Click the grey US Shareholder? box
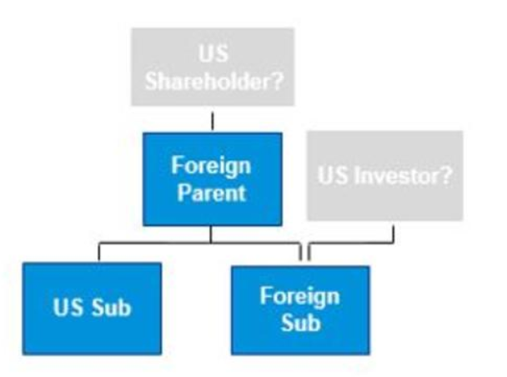click(x=213, y=67)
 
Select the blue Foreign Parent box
click(x=213, y=179)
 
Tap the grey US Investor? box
click(x=384, y=175)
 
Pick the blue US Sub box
click(x=93, y=309)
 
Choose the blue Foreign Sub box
click(x=300, y=310)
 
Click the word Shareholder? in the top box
click(x=214, y=81)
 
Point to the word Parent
click(x=212, y=193)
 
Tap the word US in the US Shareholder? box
click(x=213, y=53)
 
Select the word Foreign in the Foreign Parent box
click(x=211, y=166)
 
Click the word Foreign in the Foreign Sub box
click(x=300, y=296)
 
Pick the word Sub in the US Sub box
click(x=112, y=307)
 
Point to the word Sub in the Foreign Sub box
click(x=301, y=322)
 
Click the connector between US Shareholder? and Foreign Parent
click(x=213, y=121)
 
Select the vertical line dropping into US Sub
click(x=99, y=252)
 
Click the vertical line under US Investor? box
click(x=394, y=234)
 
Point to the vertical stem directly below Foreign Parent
click(x=211, y=234)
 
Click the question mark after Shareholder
click(x=277, y=81)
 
